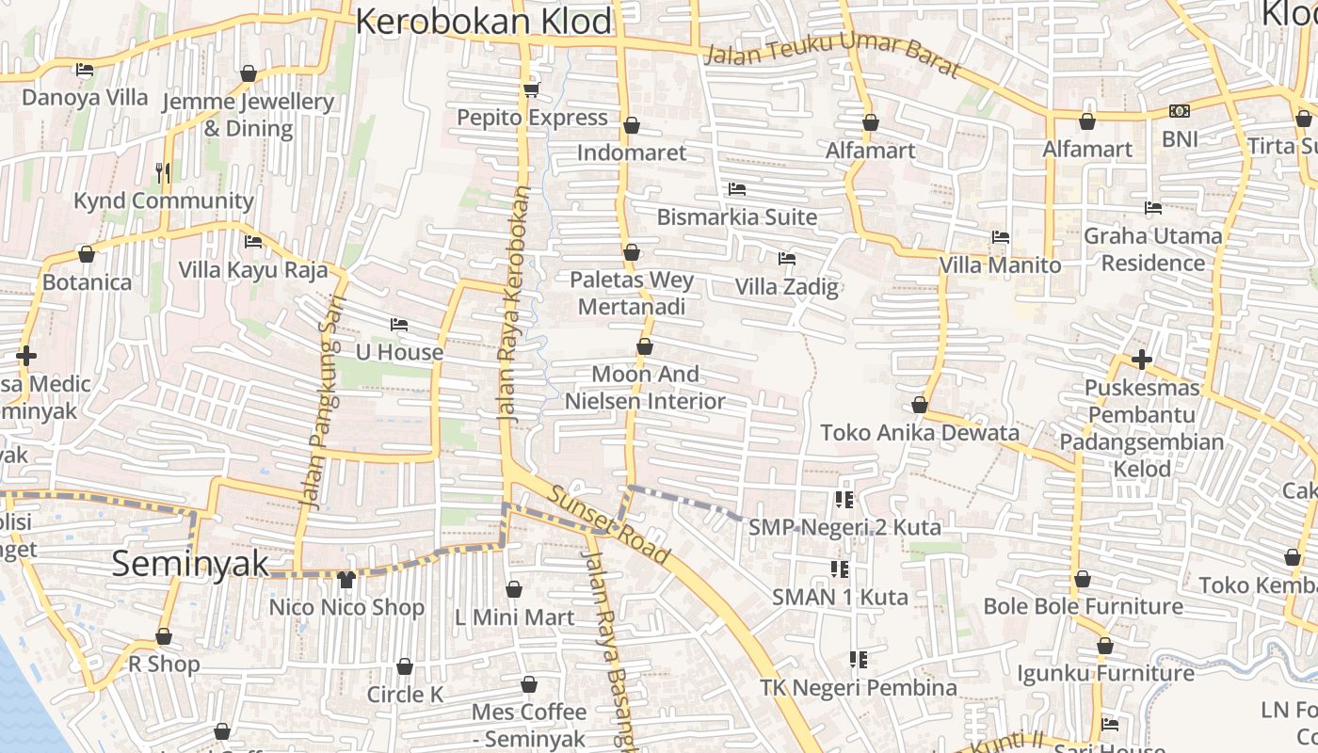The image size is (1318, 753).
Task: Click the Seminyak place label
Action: pyautogui.click(x=190, y=564)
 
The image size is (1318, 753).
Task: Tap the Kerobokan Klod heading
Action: pyautogui.click(x=484, y=22)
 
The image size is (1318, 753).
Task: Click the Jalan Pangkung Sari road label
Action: pyautogui.click(x=323, y=403)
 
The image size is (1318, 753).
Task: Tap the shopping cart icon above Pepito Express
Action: pyautogui.click(x=531, y=90)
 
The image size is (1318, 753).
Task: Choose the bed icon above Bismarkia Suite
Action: pyautogui.click(x=737, y=189)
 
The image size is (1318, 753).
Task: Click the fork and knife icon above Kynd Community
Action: pyautogui.click(x=163, y=172)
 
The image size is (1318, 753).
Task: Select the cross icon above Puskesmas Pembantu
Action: pyautogui.click(x=1142, y=360)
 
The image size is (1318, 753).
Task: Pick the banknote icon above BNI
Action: pyautogui.click(x=1180, y=111)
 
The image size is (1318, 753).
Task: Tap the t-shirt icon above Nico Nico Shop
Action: pyautogui.click(x=346, y=579)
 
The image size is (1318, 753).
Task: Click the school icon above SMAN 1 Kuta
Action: pyautogui.click(x=840, y=569)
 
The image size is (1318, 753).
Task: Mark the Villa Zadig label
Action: pyautogui.click(x=786, y=286)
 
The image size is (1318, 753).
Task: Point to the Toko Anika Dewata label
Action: pyautogui.click(x=920, y=433)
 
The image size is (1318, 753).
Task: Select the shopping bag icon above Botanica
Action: pyautogui.click(x=87, y=254)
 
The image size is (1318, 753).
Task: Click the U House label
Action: pyautogui.click(x=399, y=352)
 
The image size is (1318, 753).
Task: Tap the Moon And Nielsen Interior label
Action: pyautogui.click(x=645, y=388)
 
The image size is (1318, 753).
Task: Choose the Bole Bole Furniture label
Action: pyautogui.click(x=1083, y=606)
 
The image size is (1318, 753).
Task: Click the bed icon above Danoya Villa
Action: pyautogui.click(x=84, y=70)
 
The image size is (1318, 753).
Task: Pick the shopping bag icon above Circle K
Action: pyautogui.click(x=405, y=666)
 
